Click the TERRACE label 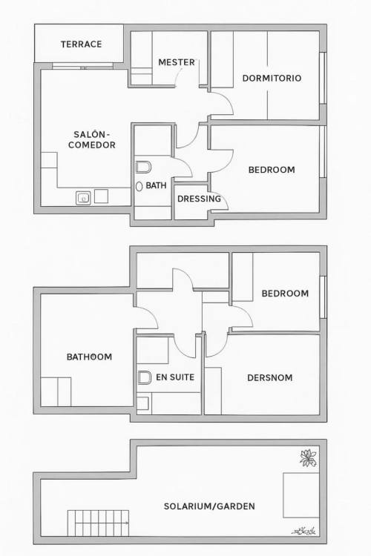[82, 44]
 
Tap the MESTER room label [177, 62]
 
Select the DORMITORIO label [272, 78]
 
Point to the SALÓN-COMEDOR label [92, 139]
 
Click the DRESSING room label [199, 199]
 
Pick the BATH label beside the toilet [157, 185]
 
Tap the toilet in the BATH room [143, 167]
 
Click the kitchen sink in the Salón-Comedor [83, 198]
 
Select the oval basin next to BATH [139, 186]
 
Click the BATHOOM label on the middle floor [90, 357]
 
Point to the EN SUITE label [175, 377]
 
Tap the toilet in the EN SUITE [144, 377]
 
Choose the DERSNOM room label [270, 377]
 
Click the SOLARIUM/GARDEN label [209, 506]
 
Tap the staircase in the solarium [99, 523]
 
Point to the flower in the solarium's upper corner [308, 457]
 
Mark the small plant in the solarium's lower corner [304, 531]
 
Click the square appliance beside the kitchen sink [101, 196]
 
